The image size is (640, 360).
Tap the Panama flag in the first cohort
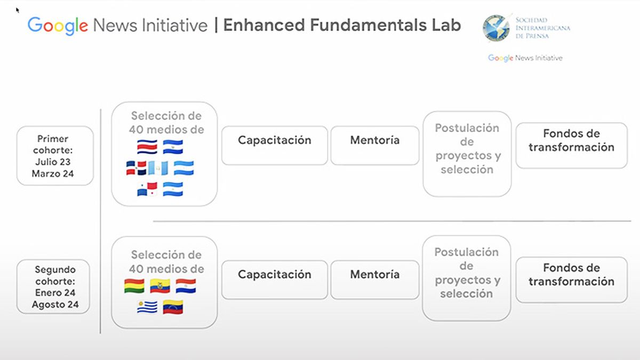(147, 189)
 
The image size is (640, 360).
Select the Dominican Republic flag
(137, 168)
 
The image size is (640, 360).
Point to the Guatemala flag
(158, 168)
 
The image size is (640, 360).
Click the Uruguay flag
(147, 307)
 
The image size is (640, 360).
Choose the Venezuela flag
(173, 307)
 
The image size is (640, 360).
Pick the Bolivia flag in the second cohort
(134, 285)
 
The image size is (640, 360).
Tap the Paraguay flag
(186, 285)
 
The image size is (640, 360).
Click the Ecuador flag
(160, 285)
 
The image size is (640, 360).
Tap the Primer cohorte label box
(55, 156)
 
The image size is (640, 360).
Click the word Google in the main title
(58, 25)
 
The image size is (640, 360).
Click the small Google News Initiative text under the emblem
(525, 58)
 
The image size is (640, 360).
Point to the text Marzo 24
(53, 173)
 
